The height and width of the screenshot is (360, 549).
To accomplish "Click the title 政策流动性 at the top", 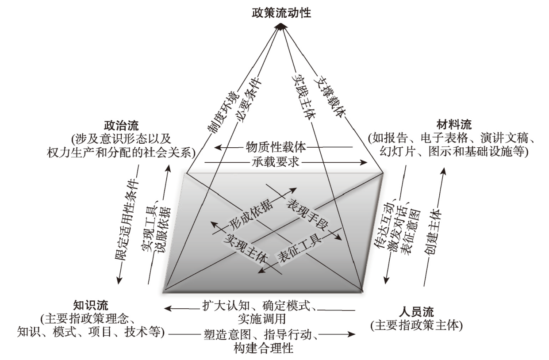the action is coord(281,13).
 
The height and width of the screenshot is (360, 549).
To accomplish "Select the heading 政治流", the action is coord(121,126).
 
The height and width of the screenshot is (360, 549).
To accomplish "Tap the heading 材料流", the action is coord(453,124).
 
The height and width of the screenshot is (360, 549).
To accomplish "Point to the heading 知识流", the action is coord(91,305).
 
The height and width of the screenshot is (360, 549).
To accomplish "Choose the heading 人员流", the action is coord(416,312).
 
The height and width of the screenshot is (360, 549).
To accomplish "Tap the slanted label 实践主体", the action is coord(303,96).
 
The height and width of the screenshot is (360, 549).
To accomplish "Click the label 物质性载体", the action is coord(276,147).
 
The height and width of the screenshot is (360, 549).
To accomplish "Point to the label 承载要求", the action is coord(276,162).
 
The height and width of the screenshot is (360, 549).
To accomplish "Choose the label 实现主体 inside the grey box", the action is coord(246,248).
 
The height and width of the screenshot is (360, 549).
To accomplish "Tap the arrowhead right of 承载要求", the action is coord(363,162).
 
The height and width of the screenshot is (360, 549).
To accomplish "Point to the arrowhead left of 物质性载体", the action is coord(219,147).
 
